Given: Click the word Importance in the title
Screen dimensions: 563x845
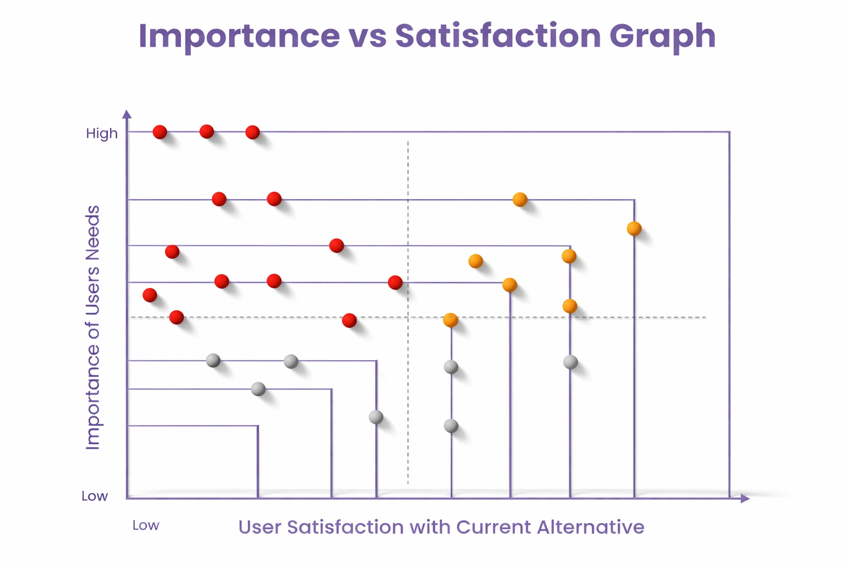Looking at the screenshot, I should point(239,36).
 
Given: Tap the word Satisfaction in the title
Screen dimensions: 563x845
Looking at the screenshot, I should point(498,36).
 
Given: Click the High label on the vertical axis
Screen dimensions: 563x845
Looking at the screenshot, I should point(102,134).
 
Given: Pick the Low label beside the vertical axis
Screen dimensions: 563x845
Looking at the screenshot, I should point(95,496).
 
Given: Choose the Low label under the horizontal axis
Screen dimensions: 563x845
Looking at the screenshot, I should point(146,526).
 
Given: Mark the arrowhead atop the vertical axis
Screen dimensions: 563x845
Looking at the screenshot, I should point(127,114).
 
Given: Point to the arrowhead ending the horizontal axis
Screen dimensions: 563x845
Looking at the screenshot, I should point(745,498).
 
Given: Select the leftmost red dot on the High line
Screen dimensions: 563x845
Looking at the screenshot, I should point(160,132).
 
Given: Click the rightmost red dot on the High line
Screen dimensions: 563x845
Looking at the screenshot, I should point(253,132).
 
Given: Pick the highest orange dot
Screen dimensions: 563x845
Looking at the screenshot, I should point(520,200).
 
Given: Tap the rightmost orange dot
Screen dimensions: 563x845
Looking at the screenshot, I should point(634,229).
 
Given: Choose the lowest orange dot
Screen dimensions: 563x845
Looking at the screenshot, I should point(451,320).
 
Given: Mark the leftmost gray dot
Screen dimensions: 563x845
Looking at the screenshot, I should point(213,361).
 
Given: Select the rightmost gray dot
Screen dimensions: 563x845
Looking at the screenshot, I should point(570,362).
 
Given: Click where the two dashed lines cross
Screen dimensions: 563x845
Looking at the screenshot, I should point(408,317).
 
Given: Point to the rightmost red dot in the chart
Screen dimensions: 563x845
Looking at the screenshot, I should point(395,283).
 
